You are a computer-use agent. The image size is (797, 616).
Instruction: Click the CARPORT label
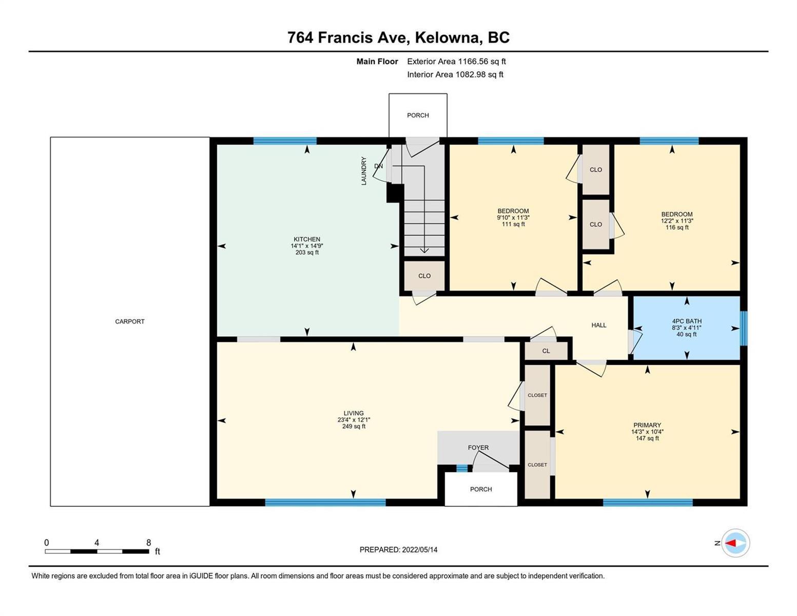coord(129,321)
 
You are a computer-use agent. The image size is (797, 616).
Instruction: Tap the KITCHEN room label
coord(306,239)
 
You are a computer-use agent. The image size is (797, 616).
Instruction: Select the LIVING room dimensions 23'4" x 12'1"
coord(353,420)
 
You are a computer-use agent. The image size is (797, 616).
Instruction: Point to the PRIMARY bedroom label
coord(647,425)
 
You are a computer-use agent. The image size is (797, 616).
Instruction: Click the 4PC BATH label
coord(686,321)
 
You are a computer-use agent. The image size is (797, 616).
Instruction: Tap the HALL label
coord(598,325)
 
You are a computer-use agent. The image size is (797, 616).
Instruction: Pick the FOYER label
coord(478,448)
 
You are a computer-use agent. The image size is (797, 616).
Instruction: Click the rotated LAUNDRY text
coord(364,171)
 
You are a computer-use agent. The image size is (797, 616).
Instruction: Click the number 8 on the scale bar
coord(148,543)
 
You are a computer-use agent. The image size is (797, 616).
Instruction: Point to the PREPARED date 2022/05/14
coord(419,550)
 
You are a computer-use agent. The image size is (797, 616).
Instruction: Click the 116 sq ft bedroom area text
coord(677,227)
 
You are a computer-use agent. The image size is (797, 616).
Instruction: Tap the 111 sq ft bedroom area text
coord(513,224)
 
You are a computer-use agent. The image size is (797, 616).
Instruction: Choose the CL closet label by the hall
coord(546,351)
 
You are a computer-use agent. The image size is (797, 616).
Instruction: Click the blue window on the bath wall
coord(744,329)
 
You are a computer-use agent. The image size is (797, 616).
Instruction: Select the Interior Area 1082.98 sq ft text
coord(455,74)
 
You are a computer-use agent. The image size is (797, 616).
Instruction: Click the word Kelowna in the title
coord(449,37)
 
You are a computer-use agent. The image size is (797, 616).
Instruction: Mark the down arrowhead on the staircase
coord(424,251)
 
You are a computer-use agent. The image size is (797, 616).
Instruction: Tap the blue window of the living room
coord(325,502)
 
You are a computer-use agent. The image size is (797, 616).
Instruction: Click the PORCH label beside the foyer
coord(481,489)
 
